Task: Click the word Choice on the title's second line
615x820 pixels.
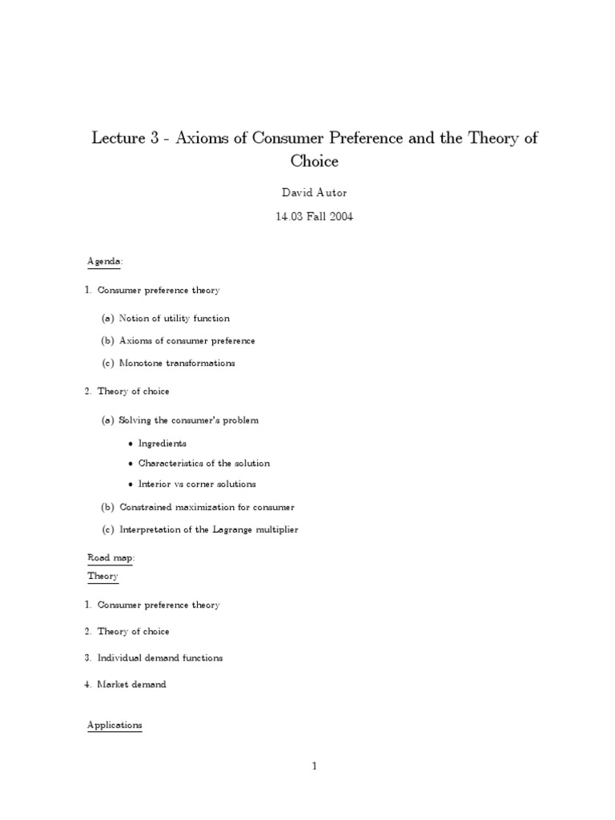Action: pos(315,161)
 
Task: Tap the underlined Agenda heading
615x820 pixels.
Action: pos(104,261)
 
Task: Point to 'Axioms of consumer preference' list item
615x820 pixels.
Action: pos(187,341)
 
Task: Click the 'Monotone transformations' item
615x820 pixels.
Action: pos(177,363)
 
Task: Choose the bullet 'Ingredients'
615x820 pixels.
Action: pos(162,443)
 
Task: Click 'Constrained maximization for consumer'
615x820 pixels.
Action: pos(207,507)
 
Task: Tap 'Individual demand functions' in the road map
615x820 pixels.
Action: pos(159,657)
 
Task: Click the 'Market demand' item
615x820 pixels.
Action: pos(131,685)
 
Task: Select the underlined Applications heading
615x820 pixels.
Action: pos(114,726)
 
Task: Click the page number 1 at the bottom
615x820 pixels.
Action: pos(315,766)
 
